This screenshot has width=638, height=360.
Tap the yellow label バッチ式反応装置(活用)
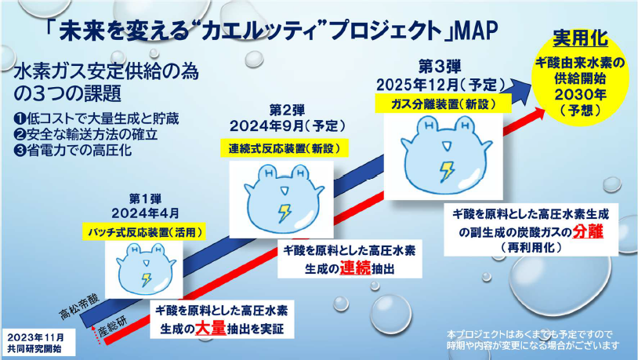point(144,232)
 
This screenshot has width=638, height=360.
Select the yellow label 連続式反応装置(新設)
point(284,149)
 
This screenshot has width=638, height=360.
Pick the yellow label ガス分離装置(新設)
point(443,104)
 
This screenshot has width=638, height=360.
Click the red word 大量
point(210,329)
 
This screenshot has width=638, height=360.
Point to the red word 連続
point(355,268)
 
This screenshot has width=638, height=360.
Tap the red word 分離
point(588,231)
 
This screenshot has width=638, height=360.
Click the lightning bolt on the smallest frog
point(146,279)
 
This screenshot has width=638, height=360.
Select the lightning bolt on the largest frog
point(448,171)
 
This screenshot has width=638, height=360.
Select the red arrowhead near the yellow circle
point(536,115)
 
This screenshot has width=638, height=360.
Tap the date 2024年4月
point(146,213)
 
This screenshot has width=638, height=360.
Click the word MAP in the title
point(477,31)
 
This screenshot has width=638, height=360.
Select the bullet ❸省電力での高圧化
point(73,151)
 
